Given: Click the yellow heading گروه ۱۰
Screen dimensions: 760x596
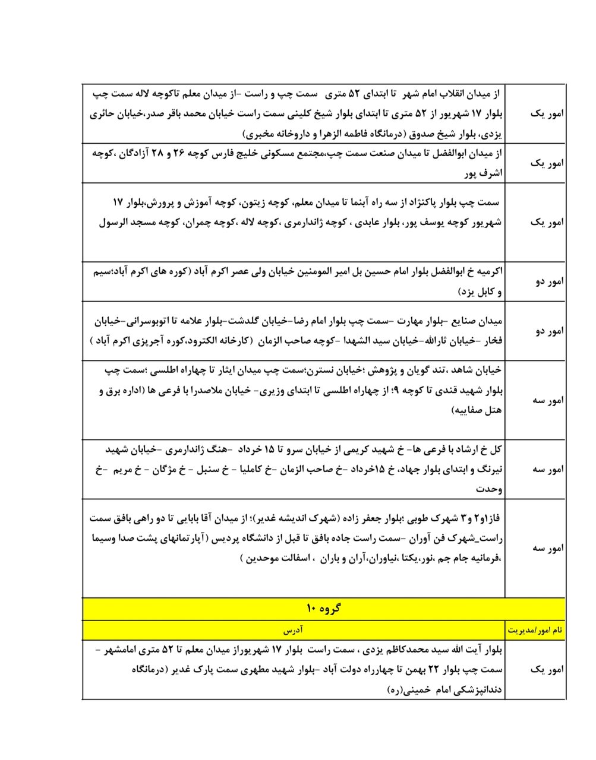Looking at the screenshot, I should [323, 608].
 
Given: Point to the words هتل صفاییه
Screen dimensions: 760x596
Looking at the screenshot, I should [480, 410].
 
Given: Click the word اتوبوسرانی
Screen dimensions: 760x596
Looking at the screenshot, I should [151, 321].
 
